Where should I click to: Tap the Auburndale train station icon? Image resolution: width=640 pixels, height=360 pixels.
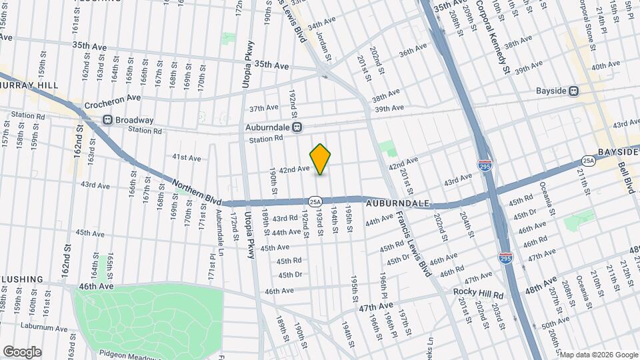[297, 127]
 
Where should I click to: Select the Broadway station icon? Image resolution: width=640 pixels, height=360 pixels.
[107, 120]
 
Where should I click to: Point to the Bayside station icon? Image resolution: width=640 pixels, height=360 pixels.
[573, 91]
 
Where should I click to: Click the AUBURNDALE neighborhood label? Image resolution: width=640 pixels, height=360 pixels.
[397, 201]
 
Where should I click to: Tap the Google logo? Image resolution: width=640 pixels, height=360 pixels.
[22, 352]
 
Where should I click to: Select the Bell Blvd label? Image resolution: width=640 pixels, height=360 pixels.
[627, 177]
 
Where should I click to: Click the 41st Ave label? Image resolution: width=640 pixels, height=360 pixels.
[187, 157]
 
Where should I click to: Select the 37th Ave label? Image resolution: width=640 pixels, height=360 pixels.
[263, 107]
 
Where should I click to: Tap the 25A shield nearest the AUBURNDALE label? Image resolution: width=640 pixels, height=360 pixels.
[315, 201]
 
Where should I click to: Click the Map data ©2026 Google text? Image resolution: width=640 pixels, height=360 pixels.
[598, 354]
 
